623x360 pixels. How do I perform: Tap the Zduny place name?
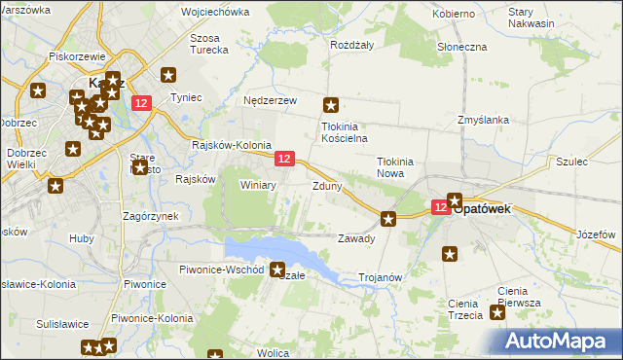[x=326, y=186]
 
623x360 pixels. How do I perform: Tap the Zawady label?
[x=355, y=238]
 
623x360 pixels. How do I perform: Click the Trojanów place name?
[x=381, y=277]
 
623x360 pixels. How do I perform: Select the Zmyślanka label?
[x=484, y=120]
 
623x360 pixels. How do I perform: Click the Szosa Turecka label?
[x=209, y=43]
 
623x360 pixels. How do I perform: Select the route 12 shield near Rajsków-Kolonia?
[x=284, y=159]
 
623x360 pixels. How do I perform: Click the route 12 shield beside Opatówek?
[x=441, y=207]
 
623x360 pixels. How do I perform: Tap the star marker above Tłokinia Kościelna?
[x=331, y=105]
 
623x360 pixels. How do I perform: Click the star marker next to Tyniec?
[x=168, y=75]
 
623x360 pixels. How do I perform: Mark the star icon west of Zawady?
[x=388, y=219]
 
